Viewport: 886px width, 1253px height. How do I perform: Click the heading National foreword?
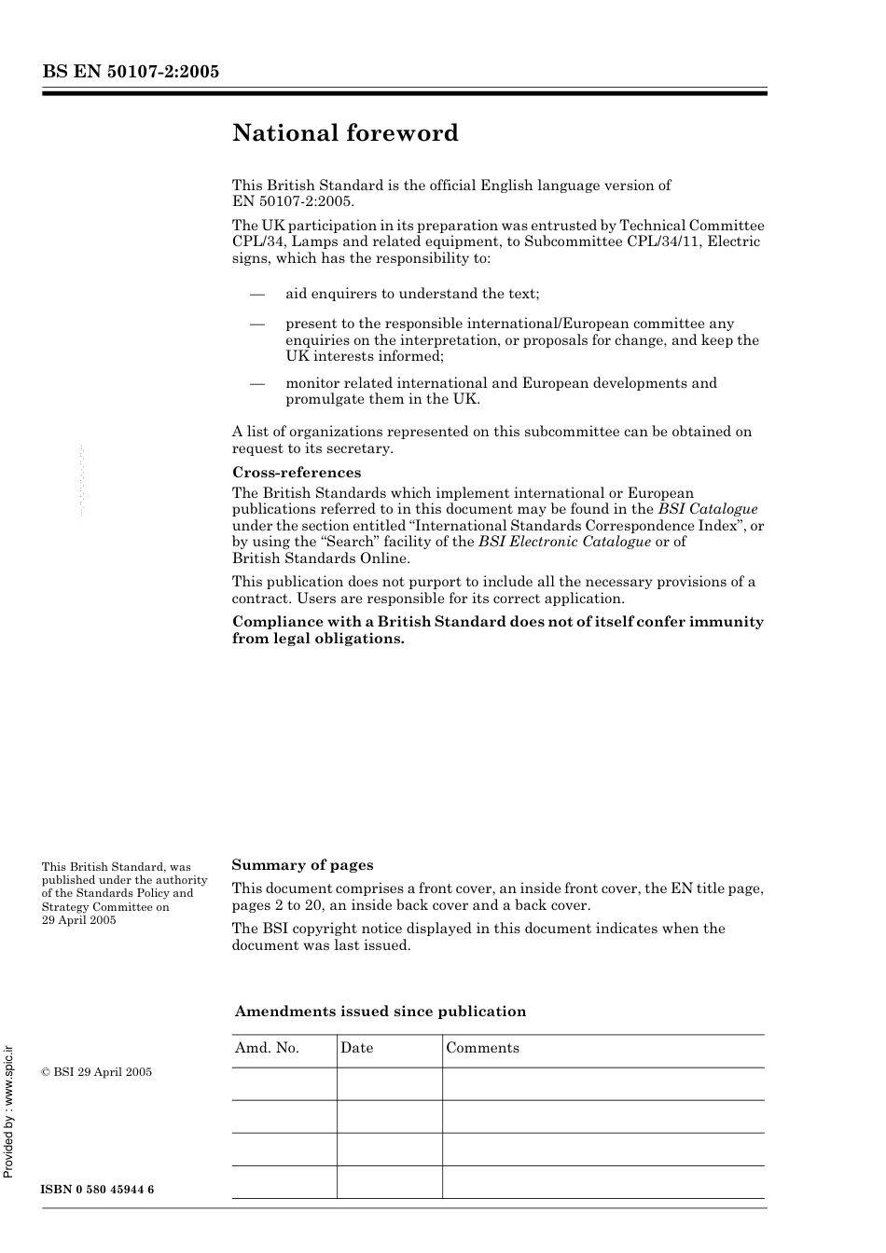click(345, 133)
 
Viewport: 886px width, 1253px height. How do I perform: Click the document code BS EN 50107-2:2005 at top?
click(131, 71)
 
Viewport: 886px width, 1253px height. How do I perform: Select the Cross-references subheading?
click(296, 473)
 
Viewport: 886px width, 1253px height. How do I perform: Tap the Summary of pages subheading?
click(302, 865)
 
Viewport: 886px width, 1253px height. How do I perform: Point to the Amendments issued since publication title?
click(380, 1012)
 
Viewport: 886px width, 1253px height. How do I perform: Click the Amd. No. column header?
click(267, 1048)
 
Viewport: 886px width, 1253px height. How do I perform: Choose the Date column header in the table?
click(356, 1048)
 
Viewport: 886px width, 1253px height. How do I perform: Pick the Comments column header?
click(482, 1048)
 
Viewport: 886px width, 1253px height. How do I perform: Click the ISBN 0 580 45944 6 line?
click(98, 1191)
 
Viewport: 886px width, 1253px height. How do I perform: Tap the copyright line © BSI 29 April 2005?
click(96, 1072)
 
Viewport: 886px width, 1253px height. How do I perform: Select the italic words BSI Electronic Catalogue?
click(564, 542)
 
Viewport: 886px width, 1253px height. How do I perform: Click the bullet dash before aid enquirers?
click(258, 294)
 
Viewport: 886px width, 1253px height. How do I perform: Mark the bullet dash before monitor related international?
click(258, 383)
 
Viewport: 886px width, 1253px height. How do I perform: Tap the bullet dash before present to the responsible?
click(258, 324)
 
